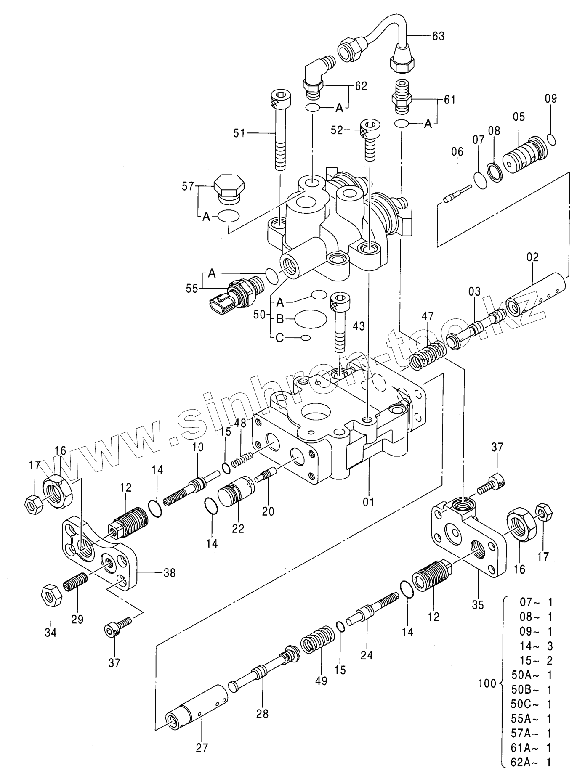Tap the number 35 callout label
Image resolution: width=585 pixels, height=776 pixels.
point(478,605)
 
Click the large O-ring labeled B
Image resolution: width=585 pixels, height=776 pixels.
point(310,318)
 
